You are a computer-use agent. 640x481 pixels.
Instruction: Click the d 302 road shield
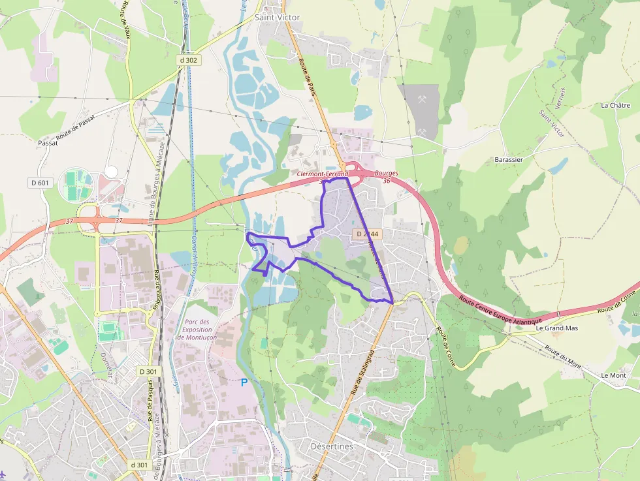188,60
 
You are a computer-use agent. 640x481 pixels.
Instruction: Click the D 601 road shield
39,183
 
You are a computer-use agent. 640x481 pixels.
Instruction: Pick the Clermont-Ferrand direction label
322,174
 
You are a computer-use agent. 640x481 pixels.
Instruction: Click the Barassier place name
509,159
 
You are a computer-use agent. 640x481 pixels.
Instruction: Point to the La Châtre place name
614,105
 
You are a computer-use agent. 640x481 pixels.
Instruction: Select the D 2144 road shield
366,234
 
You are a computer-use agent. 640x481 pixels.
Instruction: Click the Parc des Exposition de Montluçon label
197,329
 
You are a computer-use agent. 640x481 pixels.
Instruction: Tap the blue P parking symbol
244,382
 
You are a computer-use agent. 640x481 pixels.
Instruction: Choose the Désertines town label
331,446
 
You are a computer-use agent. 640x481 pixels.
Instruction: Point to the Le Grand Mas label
557,328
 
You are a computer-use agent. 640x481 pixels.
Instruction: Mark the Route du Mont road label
563,356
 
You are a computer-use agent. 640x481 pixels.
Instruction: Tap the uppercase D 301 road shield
148,371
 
